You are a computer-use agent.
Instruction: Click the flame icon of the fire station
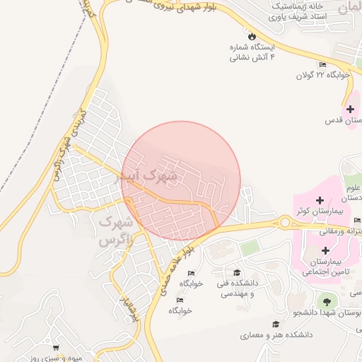(x=252, y=35)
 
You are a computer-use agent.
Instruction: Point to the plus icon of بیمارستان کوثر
(x=320, y=201)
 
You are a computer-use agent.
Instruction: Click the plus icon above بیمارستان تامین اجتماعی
(x=325, y=251)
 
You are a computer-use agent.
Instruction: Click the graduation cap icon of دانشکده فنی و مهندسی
(x=237, y=272)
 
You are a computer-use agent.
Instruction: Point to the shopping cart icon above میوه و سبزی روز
(x=56, y=348)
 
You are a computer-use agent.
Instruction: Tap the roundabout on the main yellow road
(x=286, y=223)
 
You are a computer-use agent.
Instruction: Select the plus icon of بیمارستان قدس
(x=350, y=109)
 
